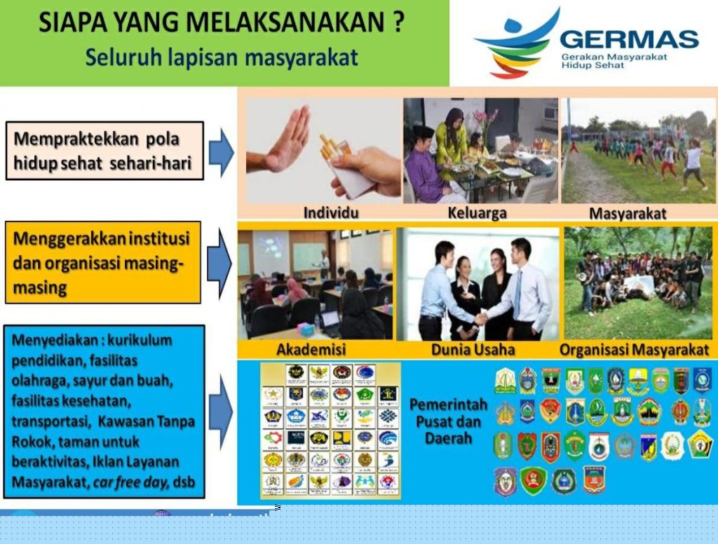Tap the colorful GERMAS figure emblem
pyautogui.click(x=519, y=43)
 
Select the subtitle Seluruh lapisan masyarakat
pyautogui.click(x=222, y=57)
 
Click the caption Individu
pyautogui.click(x=327, y=212)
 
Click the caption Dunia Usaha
pyautogui.click(x=475, y=349)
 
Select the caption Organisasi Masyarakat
pyautogui.click(x=635, y=349)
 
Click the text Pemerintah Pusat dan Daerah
pyautogui.click(x=445, y=421)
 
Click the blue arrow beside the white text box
pyautogui.click(x=221, y=151)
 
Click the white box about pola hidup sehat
pyautogui.click(x=104, y=150)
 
